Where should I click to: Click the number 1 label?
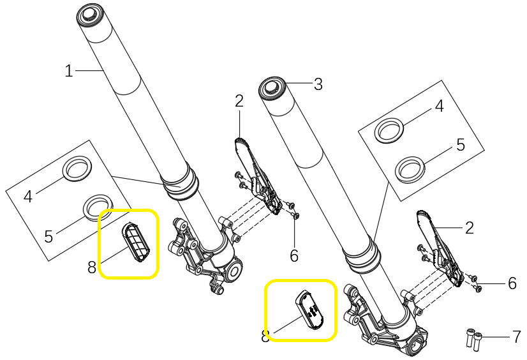tap(69, 71)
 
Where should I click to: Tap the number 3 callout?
tap(318, 84)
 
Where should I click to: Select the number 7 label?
tap(517, 337)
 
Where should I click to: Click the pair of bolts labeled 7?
tap(473, 340)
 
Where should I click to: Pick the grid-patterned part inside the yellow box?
tap(136, 242)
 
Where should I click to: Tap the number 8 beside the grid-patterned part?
tap(92, 268)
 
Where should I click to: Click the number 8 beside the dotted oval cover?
tap(265, 336)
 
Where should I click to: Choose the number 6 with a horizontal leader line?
tap(512, 283)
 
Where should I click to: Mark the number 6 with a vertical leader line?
tap(293, 256)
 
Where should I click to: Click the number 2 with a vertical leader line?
tap(239, 101)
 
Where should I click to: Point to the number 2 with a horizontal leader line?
tap(469, 228)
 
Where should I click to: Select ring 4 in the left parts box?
tap(78, 169)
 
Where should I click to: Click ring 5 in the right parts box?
tap(410, 170)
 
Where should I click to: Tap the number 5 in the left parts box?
tap(48, 236)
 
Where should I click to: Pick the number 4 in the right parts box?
tap(440, 106)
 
